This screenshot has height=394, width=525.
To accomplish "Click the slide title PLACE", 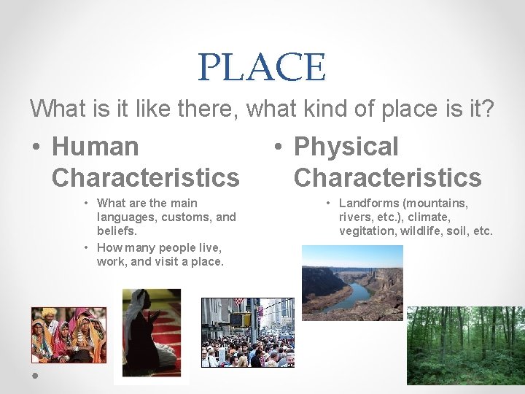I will click(x=262, y=67).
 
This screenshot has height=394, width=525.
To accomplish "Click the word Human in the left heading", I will click(x=95, y=146).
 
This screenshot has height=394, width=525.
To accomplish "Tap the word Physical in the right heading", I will click(x=346, y=146).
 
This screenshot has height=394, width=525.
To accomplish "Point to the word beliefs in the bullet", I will click(x=116, y=231).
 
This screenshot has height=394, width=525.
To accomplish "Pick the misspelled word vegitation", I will click(x=366, y=231).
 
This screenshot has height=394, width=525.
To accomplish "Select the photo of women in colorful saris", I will click(x=69, y=334).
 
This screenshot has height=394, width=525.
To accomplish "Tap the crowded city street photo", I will click(x=247, y=332).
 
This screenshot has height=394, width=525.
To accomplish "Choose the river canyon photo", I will click(x=352, y=282).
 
